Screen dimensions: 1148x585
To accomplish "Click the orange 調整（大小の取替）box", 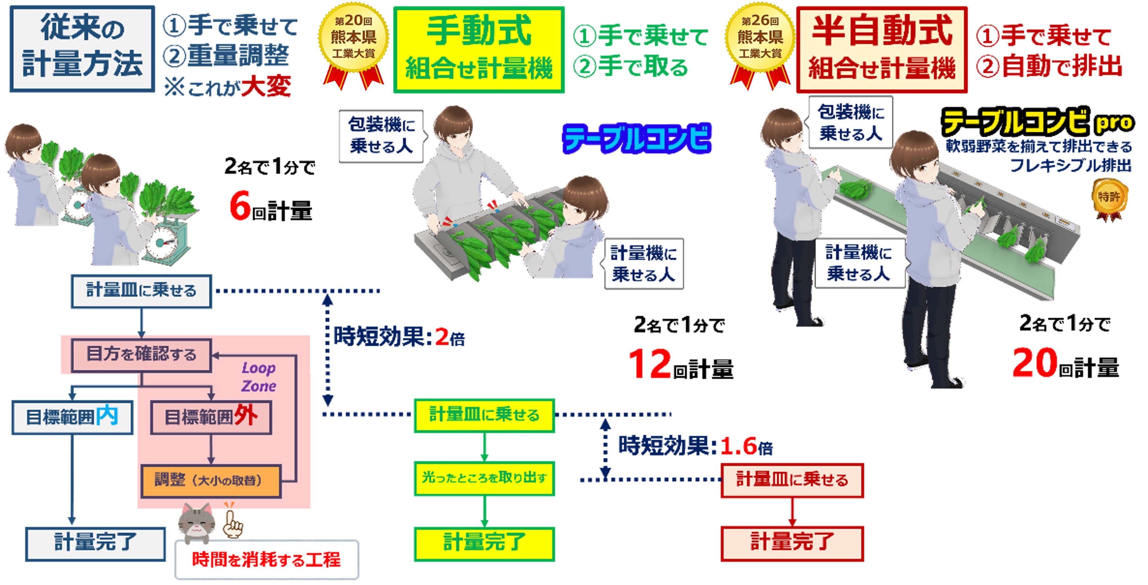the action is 211,481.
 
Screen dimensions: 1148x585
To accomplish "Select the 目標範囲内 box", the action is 72,417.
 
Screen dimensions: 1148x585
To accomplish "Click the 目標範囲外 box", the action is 211,417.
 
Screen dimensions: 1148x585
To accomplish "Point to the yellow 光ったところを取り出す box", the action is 484,478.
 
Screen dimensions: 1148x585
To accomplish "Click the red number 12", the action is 649,364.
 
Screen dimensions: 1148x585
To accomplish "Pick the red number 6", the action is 240,207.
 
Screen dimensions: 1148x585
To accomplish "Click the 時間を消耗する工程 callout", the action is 266,560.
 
